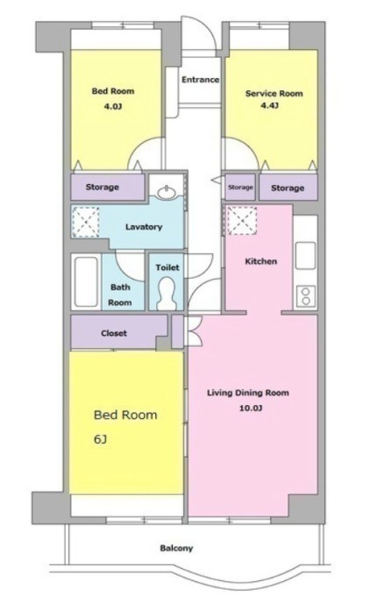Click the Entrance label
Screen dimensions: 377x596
(200, 80)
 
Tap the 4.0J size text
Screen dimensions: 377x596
(113, 106)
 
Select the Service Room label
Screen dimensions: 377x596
(274, 94)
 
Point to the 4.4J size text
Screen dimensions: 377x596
(269, 105)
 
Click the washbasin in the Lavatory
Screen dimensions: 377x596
(167, 192)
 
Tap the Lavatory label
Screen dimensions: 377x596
(144, 227)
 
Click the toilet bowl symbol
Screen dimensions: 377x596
(166, 294)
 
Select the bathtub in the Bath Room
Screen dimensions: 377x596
(86, 281)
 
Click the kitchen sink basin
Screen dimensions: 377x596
(305, 255)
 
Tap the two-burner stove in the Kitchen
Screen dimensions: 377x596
(306, 296)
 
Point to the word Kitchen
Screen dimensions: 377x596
(260, 261)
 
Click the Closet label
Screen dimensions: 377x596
(114, 333)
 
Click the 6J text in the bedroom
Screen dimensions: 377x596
(100, 439)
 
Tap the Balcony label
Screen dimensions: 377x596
(176, 548)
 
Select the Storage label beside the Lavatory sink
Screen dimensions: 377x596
(103, 187)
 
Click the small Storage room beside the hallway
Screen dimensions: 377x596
(240, 187)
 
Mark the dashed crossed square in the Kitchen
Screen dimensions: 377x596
(242, 221)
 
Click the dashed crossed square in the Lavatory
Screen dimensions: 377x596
(86, 223)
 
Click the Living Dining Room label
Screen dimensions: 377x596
(248, 393)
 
